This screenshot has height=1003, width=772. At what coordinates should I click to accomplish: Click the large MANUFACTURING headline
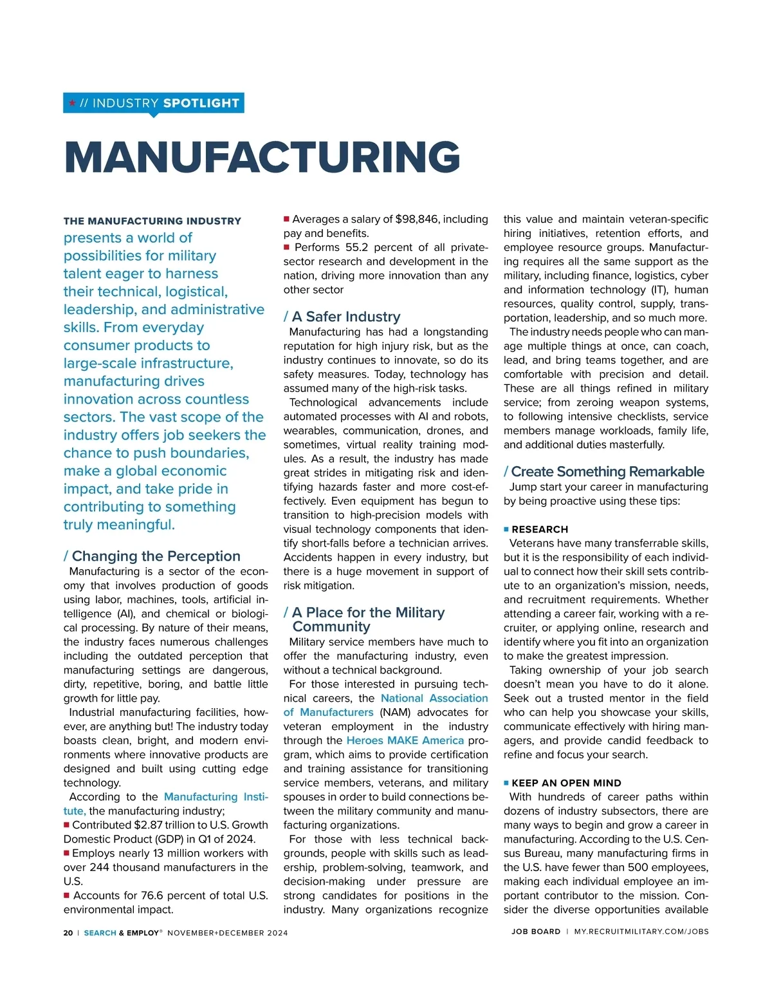[x=262, y=157]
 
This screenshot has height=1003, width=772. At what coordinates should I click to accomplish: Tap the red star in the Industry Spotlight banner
[x=72, y=103]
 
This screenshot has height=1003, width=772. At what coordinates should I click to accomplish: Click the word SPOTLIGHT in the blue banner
[x=201, y=103]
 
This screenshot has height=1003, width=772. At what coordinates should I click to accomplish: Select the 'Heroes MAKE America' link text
[x=405, y=741]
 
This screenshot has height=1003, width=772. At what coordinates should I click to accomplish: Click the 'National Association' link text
[x=434, y=698]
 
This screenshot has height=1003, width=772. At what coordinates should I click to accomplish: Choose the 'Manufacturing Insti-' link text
[x=216, y=797]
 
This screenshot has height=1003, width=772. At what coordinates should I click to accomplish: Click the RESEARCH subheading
[x=540, y=530]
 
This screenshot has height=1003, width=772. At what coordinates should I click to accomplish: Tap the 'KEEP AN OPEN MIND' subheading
[x=566, y=783]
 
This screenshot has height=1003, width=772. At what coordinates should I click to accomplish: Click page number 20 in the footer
[x=68, y=933]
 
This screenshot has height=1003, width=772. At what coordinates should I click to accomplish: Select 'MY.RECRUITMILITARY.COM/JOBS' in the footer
[x=641, y=932]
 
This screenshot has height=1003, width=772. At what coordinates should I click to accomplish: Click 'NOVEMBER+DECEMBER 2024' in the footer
[x=228, y=933]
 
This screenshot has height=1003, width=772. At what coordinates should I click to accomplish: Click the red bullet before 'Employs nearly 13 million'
[x=66, y=854]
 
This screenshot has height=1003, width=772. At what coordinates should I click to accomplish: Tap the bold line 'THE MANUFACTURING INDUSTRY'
[x=152, y=221]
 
